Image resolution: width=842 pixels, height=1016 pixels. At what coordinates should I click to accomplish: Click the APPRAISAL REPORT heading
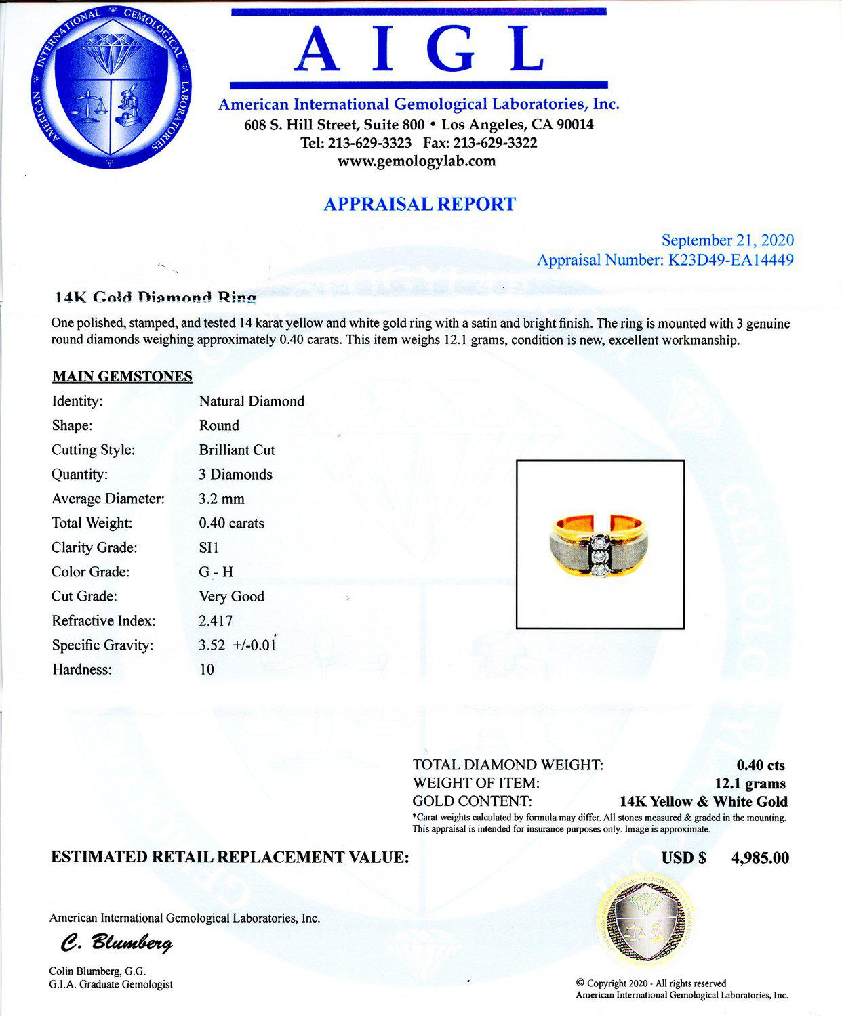click(420, 205)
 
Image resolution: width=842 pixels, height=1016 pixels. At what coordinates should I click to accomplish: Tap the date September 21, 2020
click(727, 240)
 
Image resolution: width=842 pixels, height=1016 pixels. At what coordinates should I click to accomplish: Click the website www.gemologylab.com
click(416, 161)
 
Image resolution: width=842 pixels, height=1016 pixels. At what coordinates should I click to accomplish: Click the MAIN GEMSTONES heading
click(122, 377)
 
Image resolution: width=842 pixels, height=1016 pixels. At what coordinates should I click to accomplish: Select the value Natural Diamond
click(252, 401)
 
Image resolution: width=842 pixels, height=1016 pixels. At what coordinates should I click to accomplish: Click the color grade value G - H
click(216, 572)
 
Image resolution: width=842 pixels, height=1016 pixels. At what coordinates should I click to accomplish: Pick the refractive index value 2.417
click(216, 620)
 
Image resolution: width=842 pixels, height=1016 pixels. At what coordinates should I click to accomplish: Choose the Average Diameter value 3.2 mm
click(222, 499)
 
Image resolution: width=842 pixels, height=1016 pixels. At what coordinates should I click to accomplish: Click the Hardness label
click(81, 669)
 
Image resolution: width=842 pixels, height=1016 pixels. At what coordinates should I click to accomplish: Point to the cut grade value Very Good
click(231, 596)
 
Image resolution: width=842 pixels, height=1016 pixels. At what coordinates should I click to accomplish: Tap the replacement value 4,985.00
click(760, 858)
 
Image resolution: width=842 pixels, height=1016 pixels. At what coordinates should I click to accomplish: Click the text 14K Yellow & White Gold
click(704, 802)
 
